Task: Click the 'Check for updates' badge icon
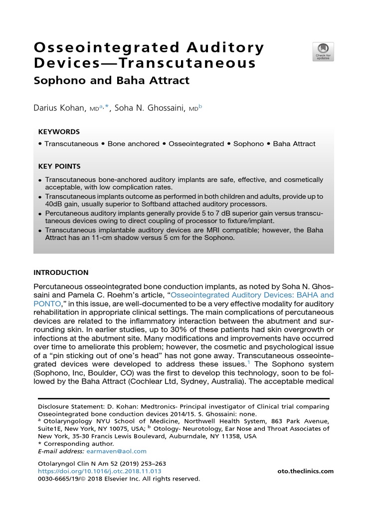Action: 323,52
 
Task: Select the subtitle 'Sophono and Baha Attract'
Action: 111,80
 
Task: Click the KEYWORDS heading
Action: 59,132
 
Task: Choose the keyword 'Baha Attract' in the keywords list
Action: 294,144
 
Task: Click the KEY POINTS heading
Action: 59,166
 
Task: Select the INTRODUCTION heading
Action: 61,272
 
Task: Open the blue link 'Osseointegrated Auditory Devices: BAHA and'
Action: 252,295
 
